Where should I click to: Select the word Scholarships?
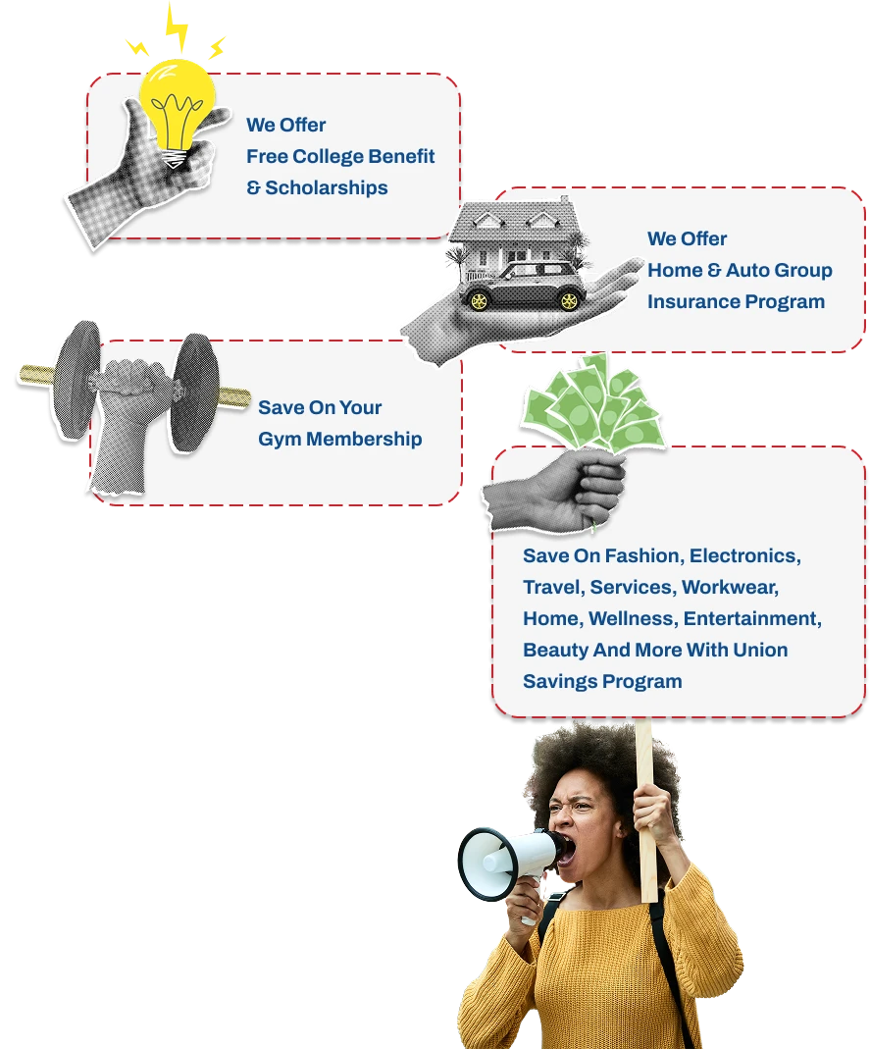[x=327, y=187]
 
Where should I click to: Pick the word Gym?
[x=278, y=439]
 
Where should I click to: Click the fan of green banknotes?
[x=589, y=403]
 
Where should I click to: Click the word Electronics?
[x=744, y=555]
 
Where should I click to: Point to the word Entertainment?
[x=751, y=618]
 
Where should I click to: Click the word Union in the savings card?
[x=758, y=650]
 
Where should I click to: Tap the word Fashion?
[x=641, y=555]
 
